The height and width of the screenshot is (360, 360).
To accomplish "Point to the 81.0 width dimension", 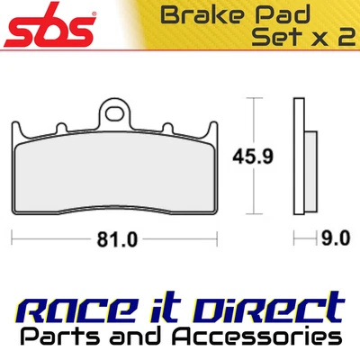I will click(115, 239).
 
